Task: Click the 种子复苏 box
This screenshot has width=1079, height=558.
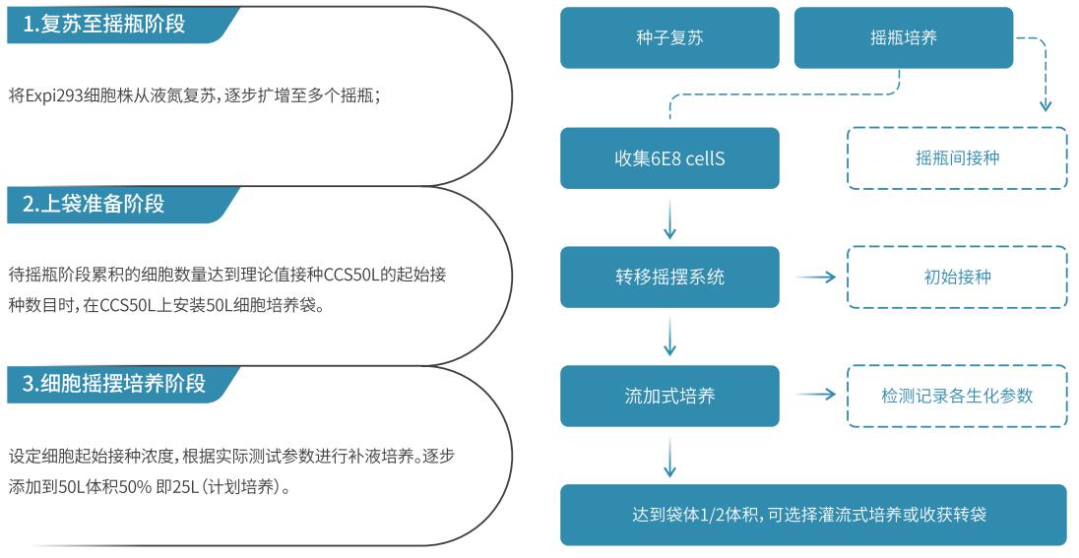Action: tap(669, 37)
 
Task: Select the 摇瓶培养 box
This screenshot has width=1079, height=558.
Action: tap(904, 37)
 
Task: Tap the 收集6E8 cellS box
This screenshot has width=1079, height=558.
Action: tap(669, 158)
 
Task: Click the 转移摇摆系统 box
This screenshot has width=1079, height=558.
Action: tap(669, 278)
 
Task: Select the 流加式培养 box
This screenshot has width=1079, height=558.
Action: tap(669, 397)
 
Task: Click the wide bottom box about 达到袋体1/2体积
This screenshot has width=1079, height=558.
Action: tap(813, 515)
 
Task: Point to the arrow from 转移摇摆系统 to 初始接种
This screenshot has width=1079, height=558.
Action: tap(816, 278)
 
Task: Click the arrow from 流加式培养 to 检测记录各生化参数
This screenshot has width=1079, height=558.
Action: tap(816, 395)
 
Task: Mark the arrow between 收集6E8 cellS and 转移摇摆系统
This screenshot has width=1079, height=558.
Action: tap(669, 218)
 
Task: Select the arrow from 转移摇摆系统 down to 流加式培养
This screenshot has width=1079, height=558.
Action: tap(669, 337)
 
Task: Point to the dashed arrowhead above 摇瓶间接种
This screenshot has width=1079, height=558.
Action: tap(1046, 105)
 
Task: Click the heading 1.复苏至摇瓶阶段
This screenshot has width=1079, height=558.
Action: tap(104, 24)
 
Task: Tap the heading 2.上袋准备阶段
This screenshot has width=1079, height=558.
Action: tap(94, 204)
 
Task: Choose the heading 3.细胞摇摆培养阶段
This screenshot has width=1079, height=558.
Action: tap(114, 383)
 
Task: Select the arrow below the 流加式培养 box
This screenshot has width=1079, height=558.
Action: tap(669, 457)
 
